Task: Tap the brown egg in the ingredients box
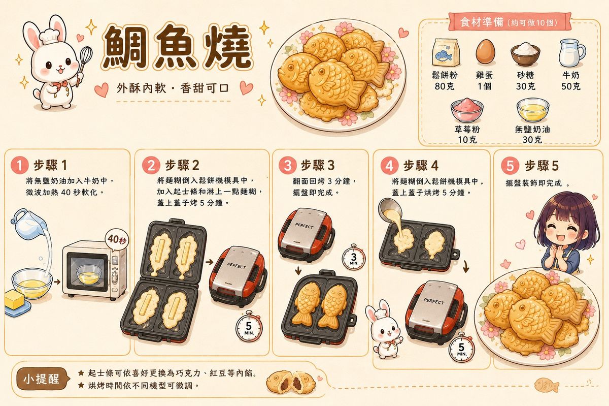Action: tap(485, 52)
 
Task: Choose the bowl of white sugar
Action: tap(525, 54)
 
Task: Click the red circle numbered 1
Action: tap(20, 165)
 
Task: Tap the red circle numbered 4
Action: tap(389, 166)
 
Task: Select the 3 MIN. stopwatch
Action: tap(353, 258)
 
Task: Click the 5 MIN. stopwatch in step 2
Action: tap(249, 327)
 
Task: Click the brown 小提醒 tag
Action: tap(42, 379)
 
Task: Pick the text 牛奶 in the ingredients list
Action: tap(571, 75)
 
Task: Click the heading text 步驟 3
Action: tap(318, 165)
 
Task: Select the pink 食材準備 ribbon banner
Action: tap(509, 21)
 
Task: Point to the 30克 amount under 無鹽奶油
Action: tap(532, 140)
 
